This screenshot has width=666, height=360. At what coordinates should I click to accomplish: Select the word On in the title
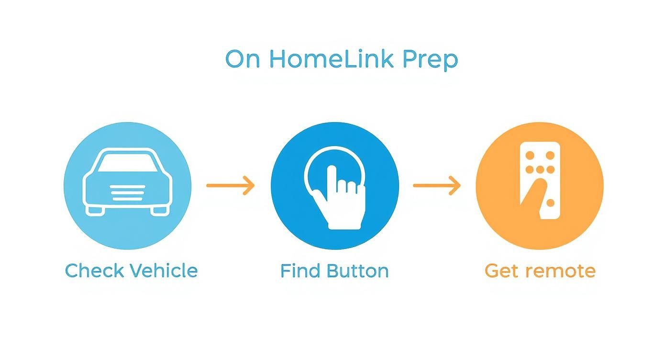[x=243, y=59]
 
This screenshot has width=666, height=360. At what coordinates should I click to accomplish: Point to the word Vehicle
[x=164, y=270]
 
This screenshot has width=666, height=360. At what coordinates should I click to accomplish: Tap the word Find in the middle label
[x=299, y=270]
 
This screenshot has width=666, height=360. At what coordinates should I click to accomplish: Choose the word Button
[x=357, y=270]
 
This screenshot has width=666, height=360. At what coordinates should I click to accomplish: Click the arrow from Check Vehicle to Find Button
[x=230, y=185]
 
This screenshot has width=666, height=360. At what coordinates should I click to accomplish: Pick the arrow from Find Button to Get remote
[x=436, y=185]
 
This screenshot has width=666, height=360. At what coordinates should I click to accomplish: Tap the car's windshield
[x=127, y=162]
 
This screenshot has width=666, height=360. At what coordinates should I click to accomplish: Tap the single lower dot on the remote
[x=550, y=203]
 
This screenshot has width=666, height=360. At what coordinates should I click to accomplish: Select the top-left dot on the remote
[x=530, y=156]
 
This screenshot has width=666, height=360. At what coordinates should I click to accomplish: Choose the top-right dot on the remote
[x=550, y=156]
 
